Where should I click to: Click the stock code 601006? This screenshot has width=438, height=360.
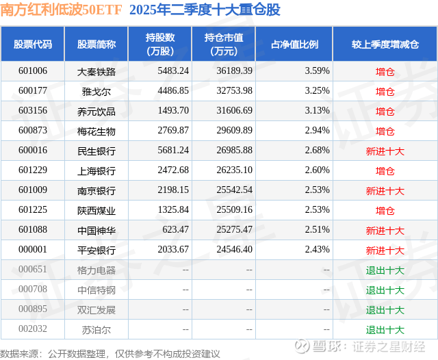pos(33,71)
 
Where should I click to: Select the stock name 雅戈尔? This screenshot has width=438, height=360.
pos(96,91)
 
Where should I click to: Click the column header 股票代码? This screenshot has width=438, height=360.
pos(33,44)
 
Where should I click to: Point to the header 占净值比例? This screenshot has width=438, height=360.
pos(299,44)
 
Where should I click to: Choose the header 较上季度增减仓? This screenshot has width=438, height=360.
pos(385,44)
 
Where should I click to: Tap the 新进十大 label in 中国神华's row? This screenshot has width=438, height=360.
pos(385,231)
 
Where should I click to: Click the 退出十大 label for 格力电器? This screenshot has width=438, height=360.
pos(385,270)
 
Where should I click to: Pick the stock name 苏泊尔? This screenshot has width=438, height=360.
pos(96,330)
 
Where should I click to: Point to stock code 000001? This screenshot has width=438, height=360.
pos(33,250)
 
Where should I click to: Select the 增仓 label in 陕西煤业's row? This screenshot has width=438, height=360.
pos(385,211)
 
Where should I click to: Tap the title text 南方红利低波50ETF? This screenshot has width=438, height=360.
pos(60,11)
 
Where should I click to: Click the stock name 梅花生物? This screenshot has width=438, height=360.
pos(96,131)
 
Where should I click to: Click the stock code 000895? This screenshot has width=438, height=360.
pos(33,310)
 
